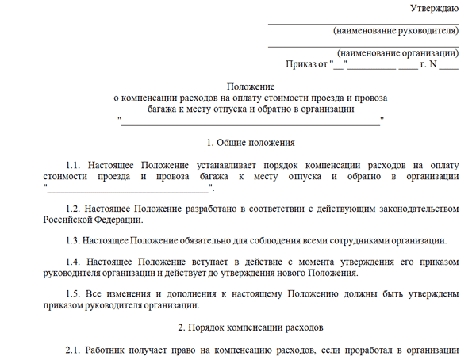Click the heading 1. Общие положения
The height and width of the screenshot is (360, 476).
pos(250,143)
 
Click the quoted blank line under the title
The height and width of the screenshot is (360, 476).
pos(250,121)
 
